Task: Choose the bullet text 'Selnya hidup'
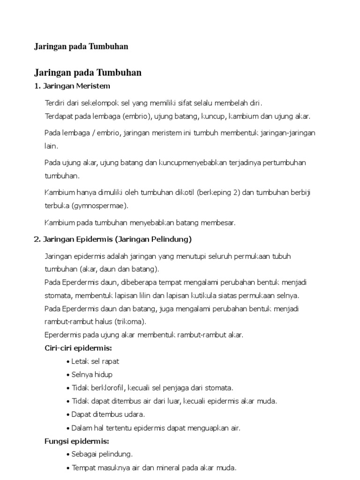coord(92,375)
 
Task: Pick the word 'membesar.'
coord(220,223)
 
